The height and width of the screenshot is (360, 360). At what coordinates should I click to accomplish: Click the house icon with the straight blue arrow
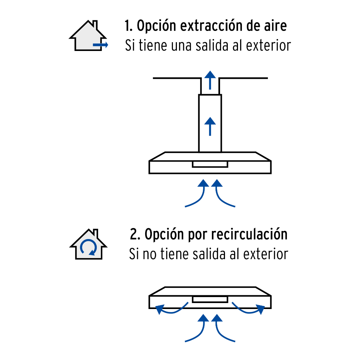pos(88,36)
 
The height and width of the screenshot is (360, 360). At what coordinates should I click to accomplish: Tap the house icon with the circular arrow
pos(88,244)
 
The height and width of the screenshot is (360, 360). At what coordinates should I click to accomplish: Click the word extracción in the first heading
pos(211,25)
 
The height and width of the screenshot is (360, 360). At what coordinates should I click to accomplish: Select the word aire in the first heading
pos(275,25)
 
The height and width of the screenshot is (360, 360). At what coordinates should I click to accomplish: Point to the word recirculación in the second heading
pos(249,234)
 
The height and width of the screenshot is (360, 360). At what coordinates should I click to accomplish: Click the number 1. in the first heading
pos(128,25)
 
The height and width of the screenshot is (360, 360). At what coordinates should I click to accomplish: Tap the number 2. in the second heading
pos(135,234)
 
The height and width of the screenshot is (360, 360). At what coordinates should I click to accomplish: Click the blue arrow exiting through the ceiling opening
pos(210,80)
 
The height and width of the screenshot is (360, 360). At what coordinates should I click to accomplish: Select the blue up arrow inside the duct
pos(210,126)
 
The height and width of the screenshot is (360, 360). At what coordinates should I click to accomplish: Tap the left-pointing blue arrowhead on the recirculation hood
pos(160,309)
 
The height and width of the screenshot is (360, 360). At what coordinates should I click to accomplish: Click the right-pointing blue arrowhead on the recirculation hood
pos(261,309)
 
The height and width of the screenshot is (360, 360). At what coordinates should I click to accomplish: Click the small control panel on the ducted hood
pos(210,164)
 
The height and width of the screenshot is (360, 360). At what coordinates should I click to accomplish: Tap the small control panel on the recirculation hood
pos(210,300)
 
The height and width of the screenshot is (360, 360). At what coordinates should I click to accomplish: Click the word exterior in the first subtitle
pos(268,45)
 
